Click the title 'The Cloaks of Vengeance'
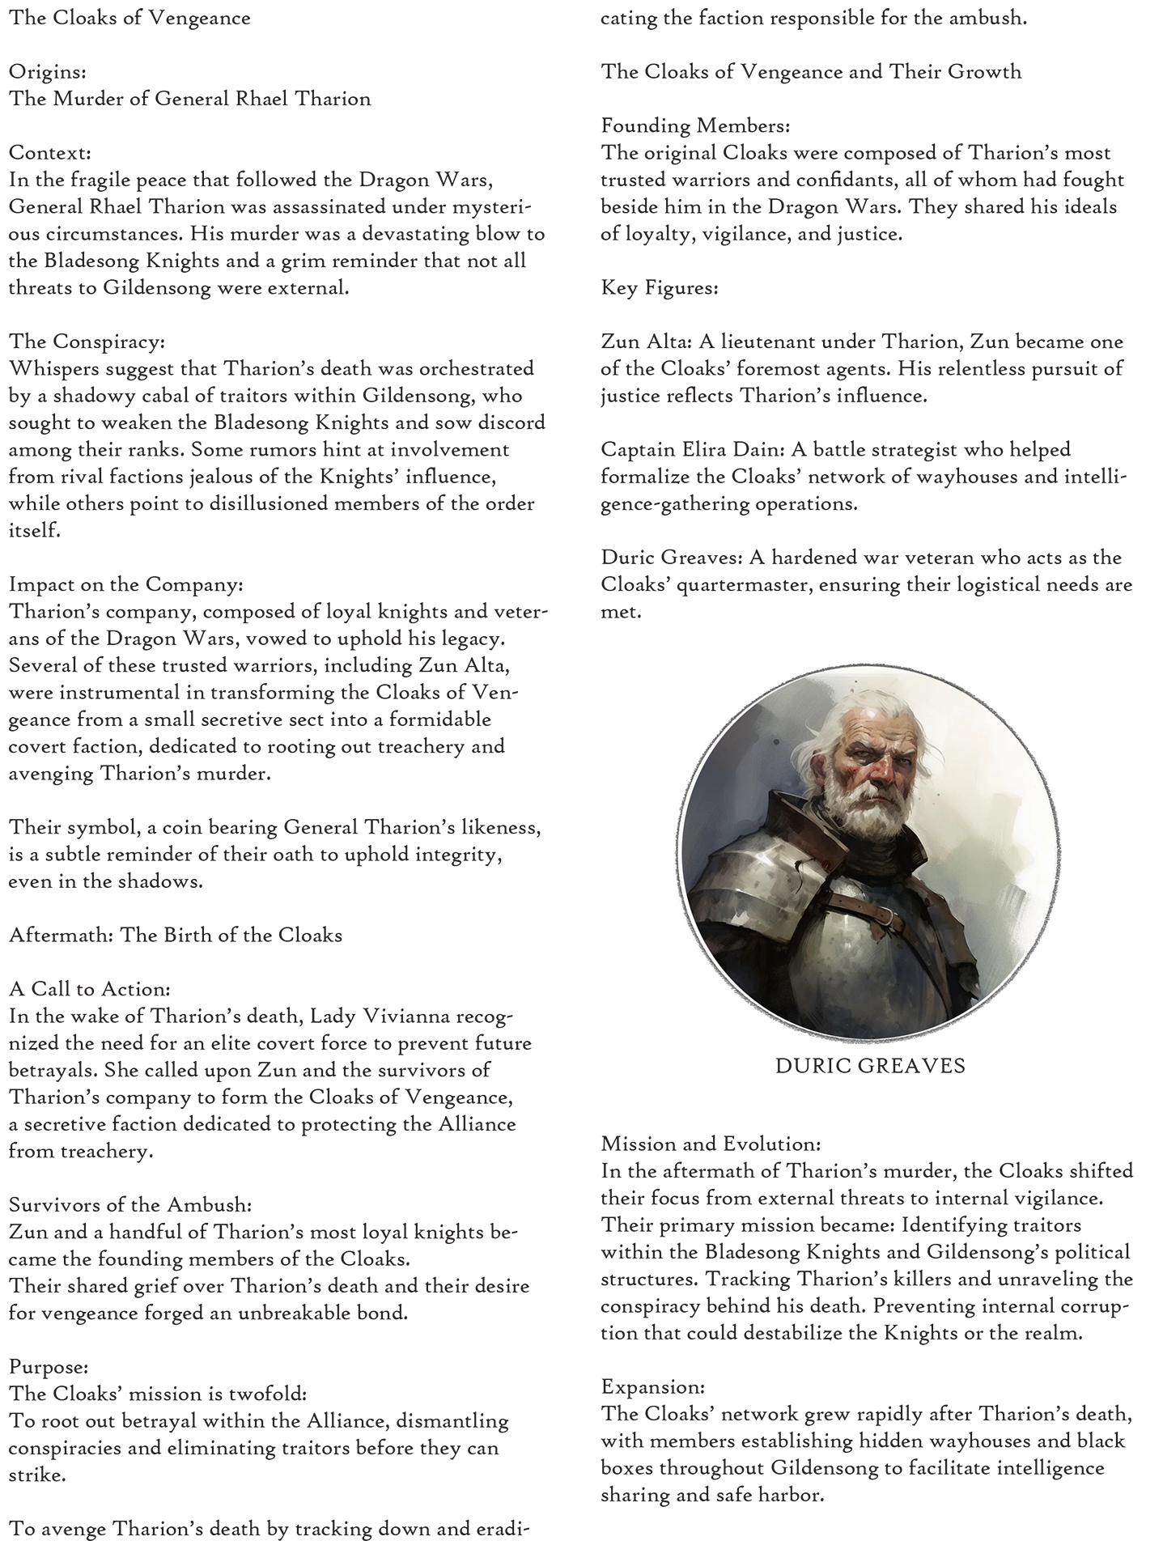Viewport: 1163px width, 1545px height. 129,18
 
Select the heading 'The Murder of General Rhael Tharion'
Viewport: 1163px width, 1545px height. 189,99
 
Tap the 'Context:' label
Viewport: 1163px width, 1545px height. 49,152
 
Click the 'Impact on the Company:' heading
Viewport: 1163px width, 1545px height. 125,584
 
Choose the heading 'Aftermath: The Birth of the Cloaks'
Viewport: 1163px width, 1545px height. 175,935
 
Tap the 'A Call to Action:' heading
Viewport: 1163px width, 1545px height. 89,989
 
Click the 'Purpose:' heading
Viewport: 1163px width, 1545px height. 48,1366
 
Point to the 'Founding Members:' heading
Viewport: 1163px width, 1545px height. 695,125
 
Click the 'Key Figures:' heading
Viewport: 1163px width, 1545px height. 659,287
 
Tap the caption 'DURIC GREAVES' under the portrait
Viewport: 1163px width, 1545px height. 870,1065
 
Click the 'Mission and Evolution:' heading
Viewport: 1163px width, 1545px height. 711,1144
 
